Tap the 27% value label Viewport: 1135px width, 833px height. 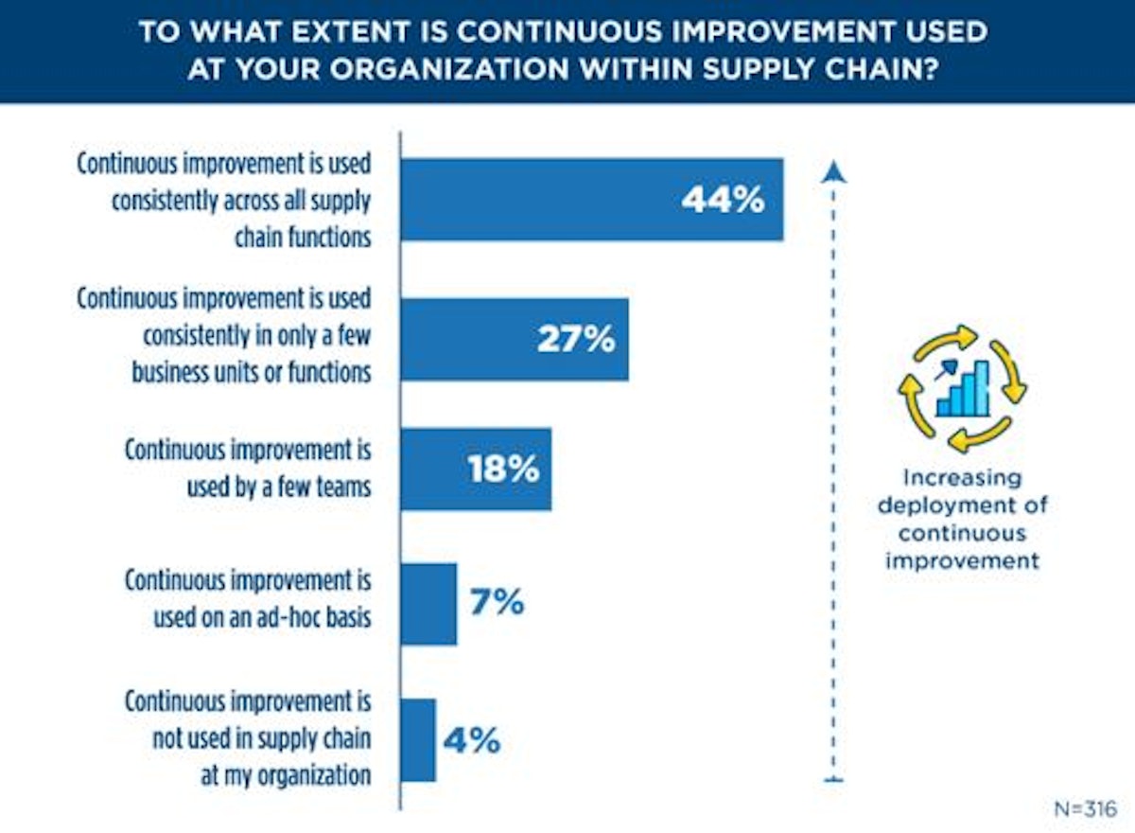click(576, 338)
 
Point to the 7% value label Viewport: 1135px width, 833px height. click(496, 602)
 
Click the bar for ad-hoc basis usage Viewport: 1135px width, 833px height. click(428, 604)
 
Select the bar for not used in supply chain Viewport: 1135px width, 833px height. click(418, 740)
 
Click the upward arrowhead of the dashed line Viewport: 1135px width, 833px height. click(833, 171)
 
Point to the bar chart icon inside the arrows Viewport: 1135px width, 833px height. click(963, 390)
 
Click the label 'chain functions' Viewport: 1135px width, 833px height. click(303, 237)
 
